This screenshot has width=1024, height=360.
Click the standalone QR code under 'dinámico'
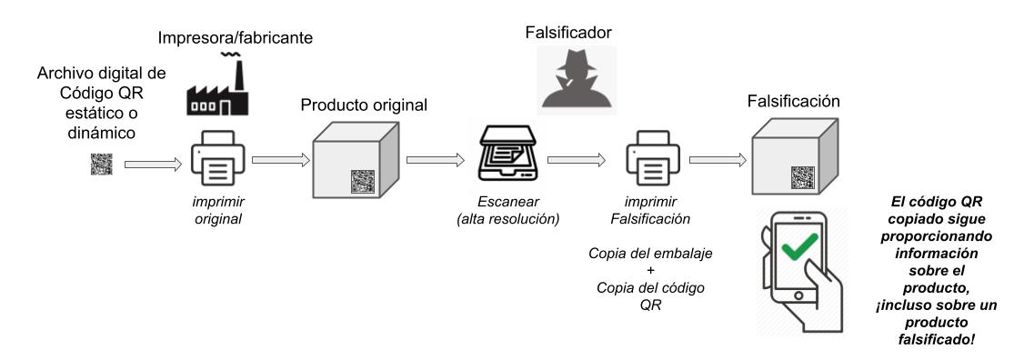click(x=100, y=165)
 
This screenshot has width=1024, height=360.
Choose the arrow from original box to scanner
click(x=433, y=161)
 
